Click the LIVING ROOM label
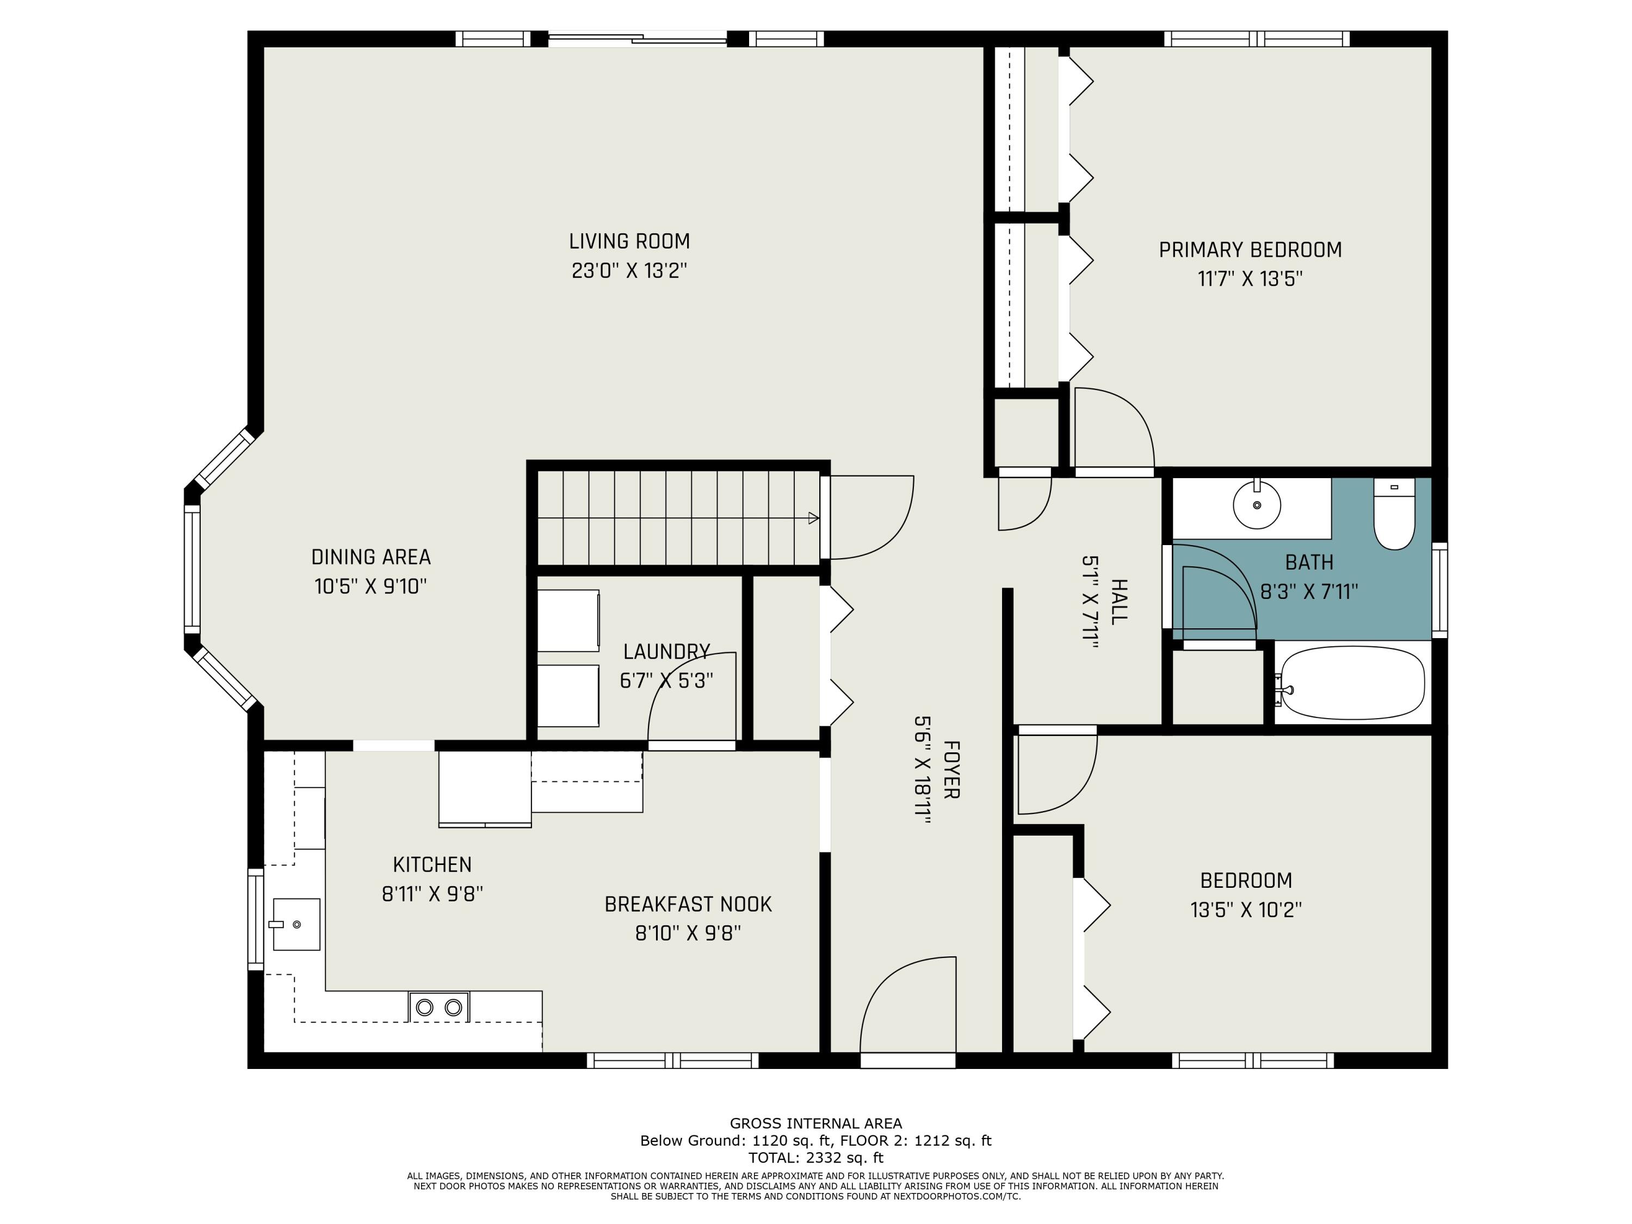pyautogui.click(x=629, y=241)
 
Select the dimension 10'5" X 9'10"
pyautogui.click(x=371, y=586)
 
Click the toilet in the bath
pyautogui.click(x=1394, y=514)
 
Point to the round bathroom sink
pyautogui.click(x=1257, y=505)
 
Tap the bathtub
pyautogui.click(x=1353, y=683)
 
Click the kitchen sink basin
pyautogui.click(x=296, y=924)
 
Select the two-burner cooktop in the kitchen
pyautogui.click(x=439, y=1007)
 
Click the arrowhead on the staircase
pyautogui.click(x=814, y=518)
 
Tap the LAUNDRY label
pyautogui.click(x=666, y=652)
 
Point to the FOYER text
pyautogui.click(x=951, y=770)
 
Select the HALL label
pyautogui.click(x=1118, y=601)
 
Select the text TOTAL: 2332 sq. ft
pyautogui.click(x=815, y=1158)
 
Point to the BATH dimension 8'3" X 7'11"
pyautogui.click(x=1309, y=592)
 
